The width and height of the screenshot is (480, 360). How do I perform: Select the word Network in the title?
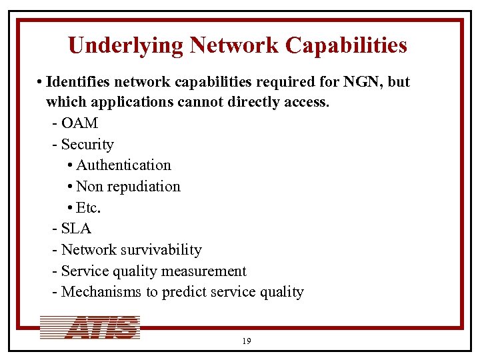tap(234, 45)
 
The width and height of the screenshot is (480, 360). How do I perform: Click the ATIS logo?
tap(90, 328)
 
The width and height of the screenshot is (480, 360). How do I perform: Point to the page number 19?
tap(246, 341)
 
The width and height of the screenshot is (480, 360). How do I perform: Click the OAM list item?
tap(79, 123)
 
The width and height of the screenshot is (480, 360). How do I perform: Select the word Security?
tap(87, 145)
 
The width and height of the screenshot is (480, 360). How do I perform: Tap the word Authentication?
tap(123, 165)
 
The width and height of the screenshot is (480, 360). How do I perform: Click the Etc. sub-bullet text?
tap(89, 207)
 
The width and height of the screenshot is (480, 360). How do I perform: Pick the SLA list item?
tap(76, 229)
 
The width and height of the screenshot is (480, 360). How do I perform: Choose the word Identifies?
tap(79, 82)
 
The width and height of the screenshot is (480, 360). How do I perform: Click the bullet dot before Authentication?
tap(71, 165)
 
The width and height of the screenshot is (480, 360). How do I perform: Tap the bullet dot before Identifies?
tap(40, 82)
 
